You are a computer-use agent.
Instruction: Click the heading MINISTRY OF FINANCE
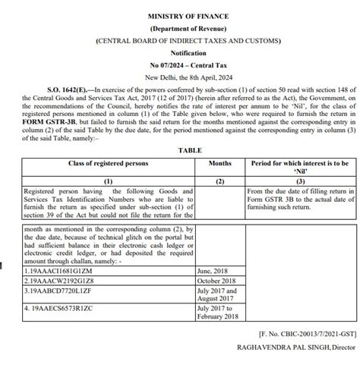179,15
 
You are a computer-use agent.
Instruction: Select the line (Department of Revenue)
179,27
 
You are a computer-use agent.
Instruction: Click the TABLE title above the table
179,150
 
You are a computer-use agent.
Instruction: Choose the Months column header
219,163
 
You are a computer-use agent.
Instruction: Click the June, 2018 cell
213,270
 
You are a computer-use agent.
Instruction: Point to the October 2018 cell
216,281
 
